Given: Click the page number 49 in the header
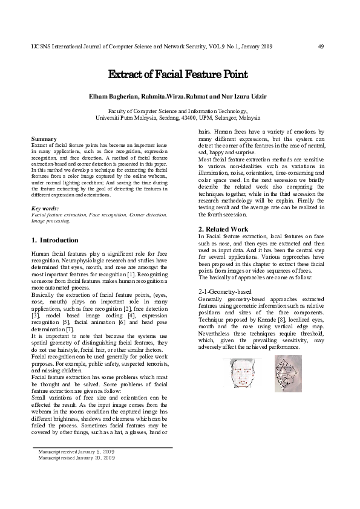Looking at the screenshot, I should tap(321, 47).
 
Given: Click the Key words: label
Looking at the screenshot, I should tap(45, 208).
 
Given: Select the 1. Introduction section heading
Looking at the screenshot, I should tap(54, 240).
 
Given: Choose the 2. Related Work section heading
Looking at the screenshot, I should tap(223, 229).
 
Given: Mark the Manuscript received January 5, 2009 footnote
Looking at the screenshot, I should tap(76, 452).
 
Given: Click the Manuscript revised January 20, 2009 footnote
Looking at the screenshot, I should tap(76, 458).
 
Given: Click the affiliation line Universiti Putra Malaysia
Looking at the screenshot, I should tap(178, 118).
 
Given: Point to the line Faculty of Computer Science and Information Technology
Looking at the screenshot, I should tap(178, 111).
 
